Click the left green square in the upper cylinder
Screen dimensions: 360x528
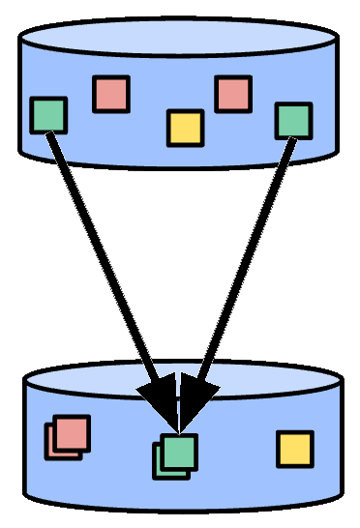(x=48, y=114)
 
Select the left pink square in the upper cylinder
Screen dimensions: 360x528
(x=111, y=94)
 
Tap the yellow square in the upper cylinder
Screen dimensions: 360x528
(x=185, y=128)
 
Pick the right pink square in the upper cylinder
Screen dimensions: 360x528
(x=233, y=94)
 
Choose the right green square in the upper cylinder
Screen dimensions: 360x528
(x=293, y=120)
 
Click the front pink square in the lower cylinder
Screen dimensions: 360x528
(x=71, y=432)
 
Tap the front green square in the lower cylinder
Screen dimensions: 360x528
(x=179, y=451)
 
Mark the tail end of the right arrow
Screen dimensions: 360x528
(x=290, y=140)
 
